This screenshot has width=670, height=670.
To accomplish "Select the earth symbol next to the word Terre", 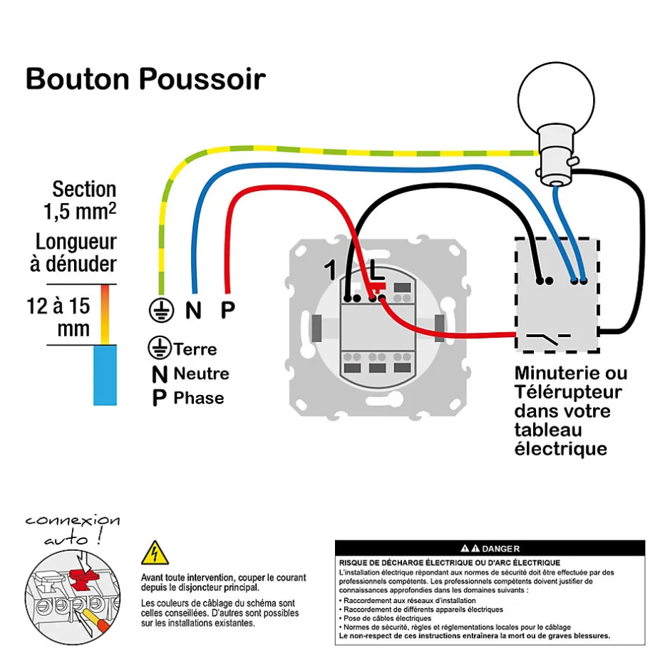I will click(x=160, y=349).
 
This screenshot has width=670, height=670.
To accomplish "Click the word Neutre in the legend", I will click(x=201, y=373).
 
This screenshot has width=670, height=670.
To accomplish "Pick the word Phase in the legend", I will click(x=199, y=398).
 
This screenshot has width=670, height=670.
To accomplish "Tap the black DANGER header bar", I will click(x=490, y=549).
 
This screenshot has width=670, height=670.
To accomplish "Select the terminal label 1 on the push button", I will click(x=330, y=270).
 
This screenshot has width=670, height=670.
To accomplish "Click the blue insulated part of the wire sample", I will click(x=105, y=376).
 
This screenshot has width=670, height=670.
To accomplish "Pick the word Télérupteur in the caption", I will click(x=568, y=392).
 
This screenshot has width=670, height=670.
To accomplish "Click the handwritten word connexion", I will click(x=73, y=520).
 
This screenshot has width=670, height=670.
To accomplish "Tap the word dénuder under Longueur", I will click(x=73, y=264).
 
